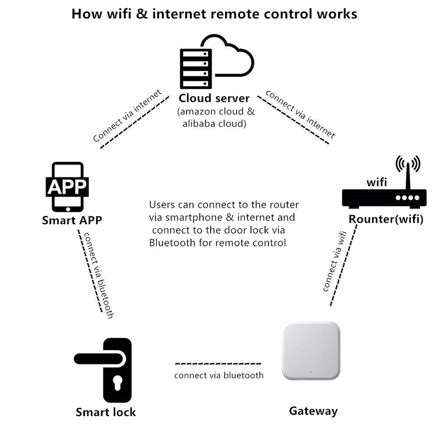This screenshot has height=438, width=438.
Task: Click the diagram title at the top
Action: [x=214, y=13]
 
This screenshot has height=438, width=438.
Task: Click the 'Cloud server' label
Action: [x=214, y=98]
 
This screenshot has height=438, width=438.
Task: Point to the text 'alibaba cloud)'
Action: [x=214, y=124]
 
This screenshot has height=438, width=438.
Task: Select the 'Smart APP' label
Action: [x=72, y=220]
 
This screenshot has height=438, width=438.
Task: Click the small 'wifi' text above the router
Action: [x=377, y=182]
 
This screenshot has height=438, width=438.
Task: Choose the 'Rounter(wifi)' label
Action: [x=386, y=219]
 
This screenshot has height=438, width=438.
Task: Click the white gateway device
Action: [x=311, y=350]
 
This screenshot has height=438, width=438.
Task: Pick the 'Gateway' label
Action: [x=313, y=411]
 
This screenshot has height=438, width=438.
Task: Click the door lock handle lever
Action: [x=98, y=359]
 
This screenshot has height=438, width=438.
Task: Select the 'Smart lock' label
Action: [x=105, y=412]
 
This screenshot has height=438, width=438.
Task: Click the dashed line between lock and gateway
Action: [x=218, y=364]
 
